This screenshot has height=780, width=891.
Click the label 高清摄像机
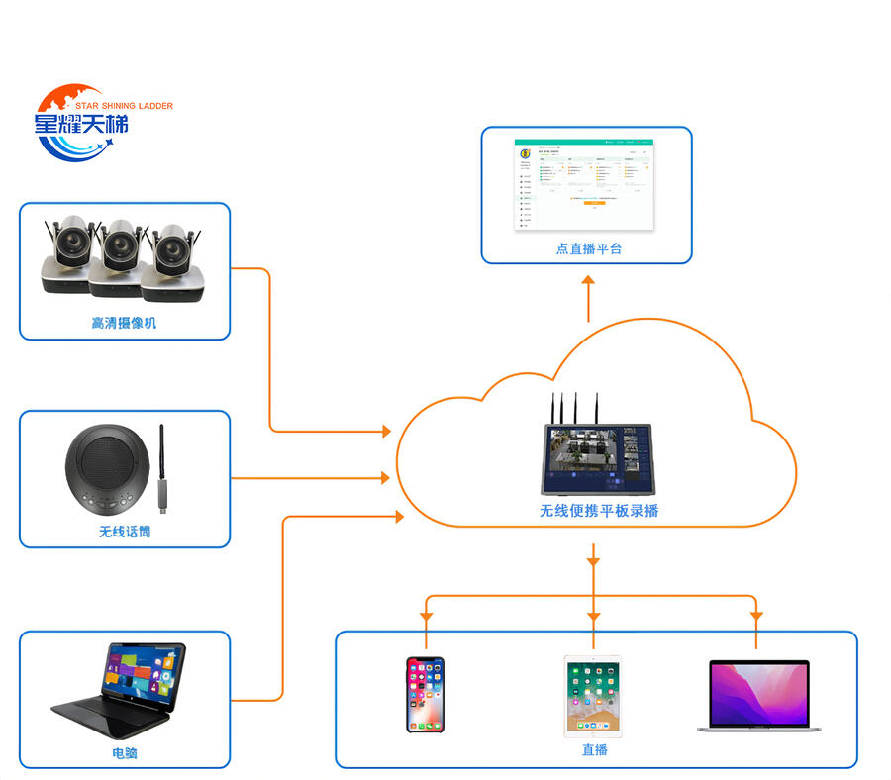click(124, 323)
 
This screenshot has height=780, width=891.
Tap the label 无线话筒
click(124, 532)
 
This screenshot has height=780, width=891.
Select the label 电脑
click(124, 753)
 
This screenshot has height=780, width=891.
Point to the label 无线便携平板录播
click(599, 511)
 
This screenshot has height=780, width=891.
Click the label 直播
click(594, 750)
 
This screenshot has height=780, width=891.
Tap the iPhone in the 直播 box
click(425, 695)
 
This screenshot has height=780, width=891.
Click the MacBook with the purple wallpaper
click(758, 697)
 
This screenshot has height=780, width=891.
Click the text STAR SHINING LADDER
click(124, 105)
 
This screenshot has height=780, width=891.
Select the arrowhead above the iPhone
click(426, 616)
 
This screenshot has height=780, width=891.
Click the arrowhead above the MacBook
click(756, 616)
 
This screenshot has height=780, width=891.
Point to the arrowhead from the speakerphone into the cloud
click(385, 478)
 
